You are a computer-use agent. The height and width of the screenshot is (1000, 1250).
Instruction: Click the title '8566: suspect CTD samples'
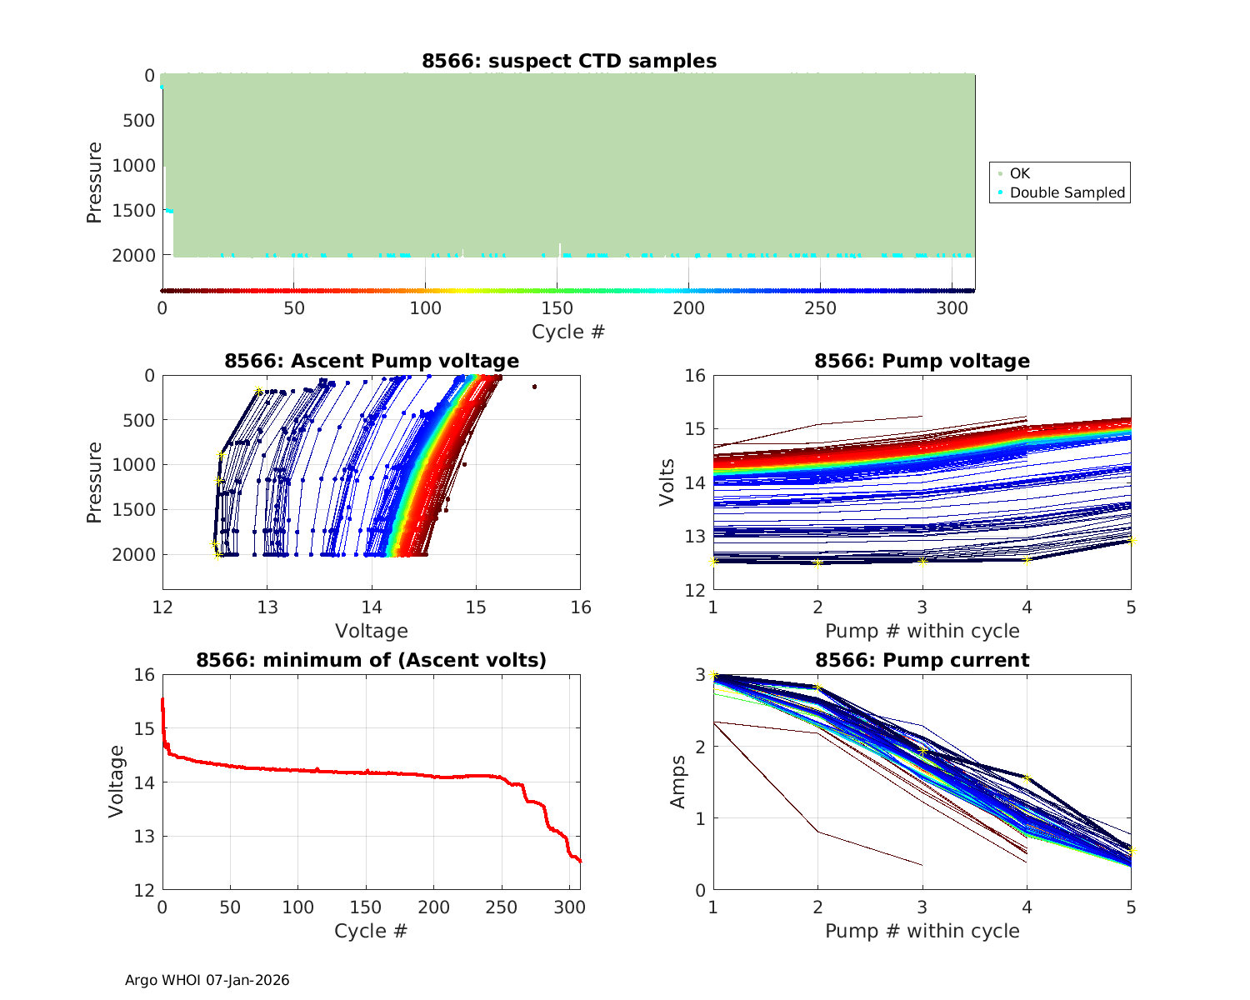[568, 61]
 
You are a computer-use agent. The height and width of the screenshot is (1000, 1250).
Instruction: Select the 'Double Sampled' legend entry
[1067, 192]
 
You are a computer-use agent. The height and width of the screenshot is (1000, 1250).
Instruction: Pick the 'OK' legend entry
[1019, 173]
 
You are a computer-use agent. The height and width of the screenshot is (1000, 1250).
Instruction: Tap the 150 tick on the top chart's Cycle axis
[557, 308]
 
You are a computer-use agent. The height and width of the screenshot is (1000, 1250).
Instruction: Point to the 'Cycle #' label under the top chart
[568, 332]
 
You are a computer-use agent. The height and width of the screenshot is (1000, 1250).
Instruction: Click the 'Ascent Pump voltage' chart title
[372, 361]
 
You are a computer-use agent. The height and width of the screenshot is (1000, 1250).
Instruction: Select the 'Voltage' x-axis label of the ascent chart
[372, 631]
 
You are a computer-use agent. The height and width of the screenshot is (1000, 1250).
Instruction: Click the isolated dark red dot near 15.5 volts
[534, 387]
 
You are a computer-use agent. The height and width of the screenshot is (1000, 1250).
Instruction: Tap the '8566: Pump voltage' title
[922, 361]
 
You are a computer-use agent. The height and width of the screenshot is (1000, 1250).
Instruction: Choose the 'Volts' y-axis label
[667, 482]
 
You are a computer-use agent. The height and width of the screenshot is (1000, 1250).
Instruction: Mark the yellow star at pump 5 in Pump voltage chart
[1131, 541]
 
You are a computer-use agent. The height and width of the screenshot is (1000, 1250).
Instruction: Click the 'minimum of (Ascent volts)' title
[372, 660]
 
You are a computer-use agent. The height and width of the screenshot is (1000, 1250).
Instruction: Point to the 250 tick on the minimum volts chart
[501, 907]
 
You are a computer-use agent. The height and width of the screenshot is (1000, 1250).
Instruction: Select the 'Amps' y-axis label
[677, 782]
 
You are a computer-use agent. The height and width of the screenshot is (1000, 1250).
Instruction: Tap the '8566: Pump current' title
[922, 660]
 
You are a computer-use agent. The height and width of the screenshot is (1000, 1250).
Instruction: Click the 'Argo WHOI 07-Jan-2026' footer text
[207, 980]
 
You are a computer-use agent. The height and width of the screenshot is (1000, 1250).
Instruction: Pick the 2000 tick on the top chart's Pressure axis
[133, 256]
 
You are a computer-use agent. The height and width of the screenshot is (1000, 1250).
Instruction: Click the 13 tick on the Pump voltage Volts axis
[695, 536]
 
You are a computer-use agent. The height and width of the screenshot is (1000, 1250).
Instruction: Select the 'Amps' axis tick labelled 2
[700, 747]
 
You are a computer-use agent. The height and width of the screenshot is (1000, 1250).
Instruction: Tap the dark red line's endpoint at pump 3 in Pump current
[922, 865]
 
